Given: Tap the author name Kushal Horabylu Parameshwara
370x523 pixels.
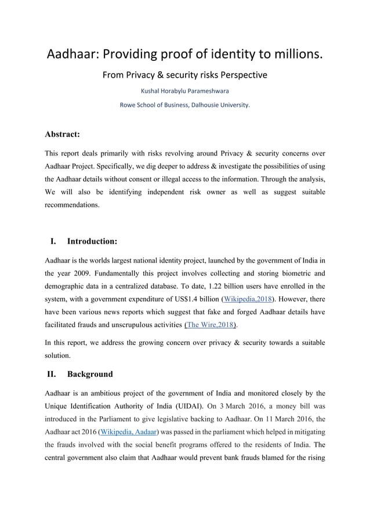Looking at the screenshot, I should point(184,91).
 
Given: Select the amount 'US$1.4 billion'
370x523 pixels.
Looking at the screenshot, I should point(194,298).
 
